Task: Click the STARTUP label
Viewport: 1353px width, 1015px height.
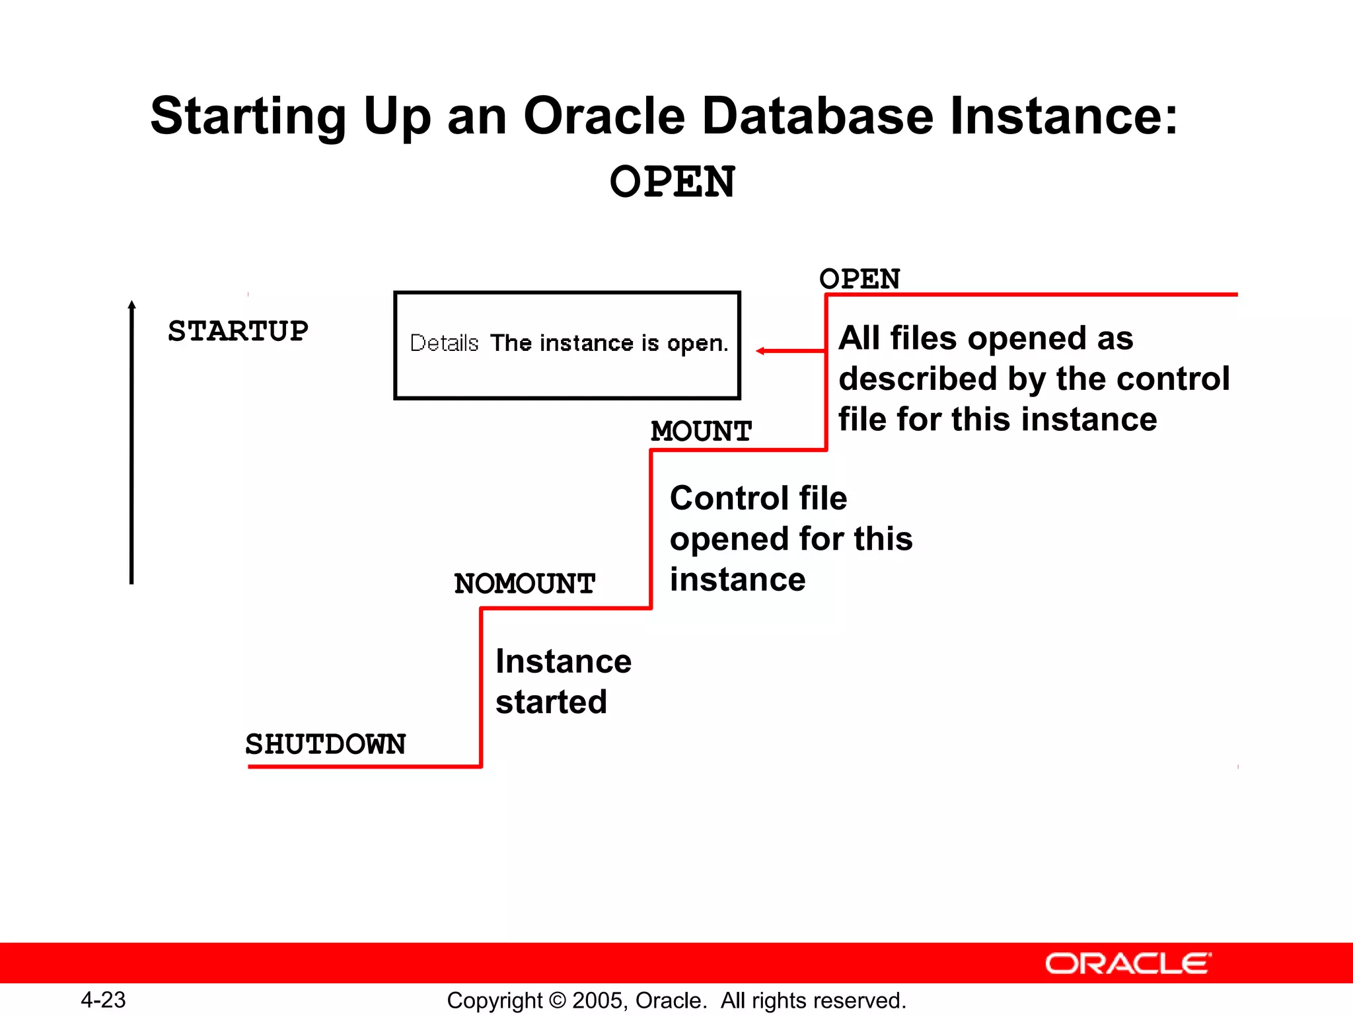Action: (238, 331)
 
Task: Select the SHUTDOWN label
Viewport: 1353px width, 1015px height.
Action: (325, 744)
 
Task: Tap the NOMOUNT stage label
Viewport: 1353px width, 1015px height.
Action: (525, 583)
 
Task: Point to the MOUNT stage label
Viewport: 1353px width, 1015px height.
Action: (701, 432)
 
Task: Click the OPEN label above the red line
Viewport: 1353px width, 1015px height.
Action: (859, 279)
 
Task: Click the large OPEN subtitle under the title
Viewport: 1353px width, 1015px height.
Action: (672, 182)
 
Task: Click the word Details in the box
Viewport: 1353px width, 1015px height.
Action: (444, 343)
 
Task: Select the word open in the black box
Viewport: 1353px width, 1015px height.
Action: (696, 344)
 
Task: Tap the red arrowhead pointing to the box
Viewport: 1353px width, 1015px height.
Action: (761, 351)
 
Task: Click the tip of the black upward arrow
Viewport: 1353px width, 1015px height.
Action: (131, 304)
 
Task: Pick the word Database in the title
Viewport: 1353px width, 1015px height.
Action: (817, 116)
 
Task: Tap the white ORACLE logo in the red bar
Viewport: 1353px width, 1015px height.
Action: (1128, 963)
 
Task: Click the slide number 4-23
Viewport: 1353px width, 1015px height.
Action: (103, 1000)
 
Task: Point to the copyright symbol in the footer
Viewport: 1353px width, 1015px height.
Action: (558, 1000)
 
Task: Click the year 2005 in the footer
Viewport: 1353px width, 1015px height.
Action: (597, 1000)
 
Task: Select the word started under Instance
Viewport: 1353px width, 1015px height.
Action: (551, 702)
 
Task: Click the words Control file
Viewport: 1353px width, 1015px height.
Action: (758, 498)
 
